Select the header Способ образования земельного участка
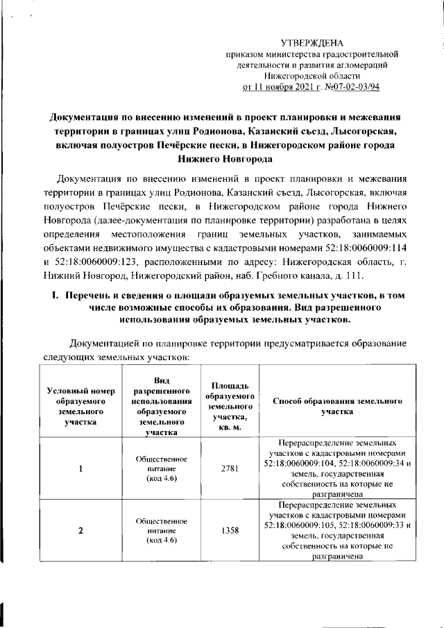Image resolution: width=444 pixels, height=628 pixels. click(335, 407)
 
